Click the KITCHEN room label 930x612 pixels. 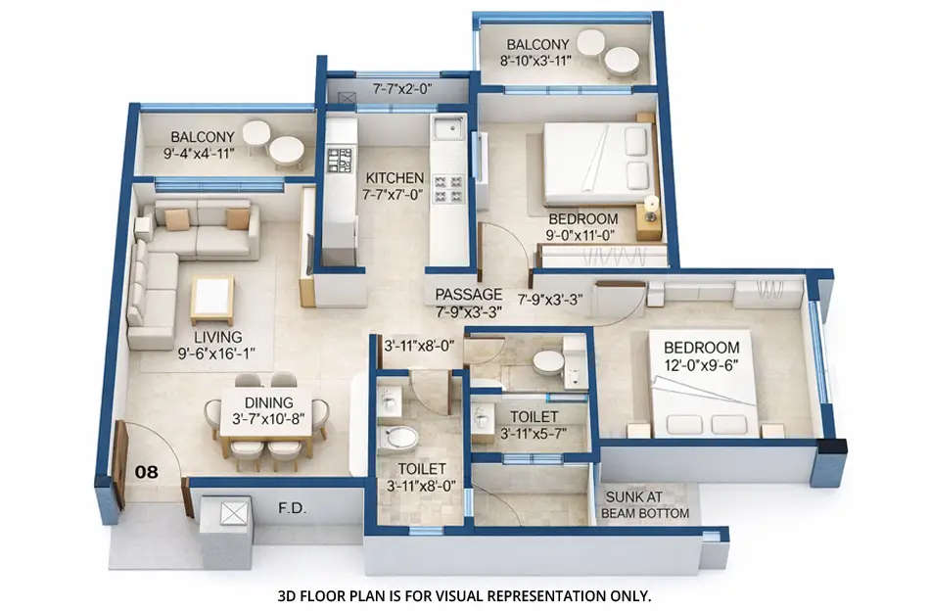point(395,178)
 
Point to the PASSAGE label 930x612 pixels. point(469,295)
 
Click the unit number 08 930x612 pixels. point(146,472)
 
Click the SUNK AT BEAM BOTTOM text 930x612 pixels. point(644,505)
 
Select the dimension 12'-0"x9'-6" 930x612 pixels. point(701,364)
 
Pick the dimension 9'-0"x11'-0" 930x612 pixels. point(582,235)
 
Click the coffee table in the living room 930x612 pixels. point(211,298)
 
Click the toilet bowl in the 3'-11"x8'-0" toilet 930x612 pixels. point(401,436)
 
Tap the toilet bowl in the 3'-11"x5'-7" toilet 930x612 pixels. point(548,362)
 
